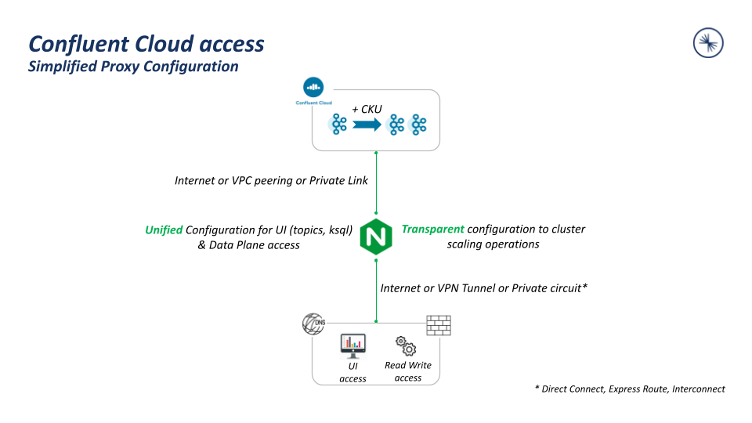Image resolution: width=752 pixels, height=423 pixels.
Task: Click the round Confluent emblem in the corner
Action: [708, 43]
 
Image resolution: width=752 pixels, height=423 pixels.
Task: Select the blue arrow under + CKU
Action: [367, 124]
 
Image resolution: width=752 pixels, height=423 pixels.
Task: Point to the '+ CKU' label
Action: [367, 109]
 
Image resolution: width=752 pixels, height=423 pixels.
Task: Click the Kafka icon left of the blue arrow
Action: [339, 124]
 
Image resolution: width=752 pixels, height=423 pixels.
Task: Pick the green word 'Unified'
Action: [164, 230]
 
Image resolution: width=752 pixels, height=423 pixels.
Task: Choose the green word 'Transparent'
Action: [433, 230]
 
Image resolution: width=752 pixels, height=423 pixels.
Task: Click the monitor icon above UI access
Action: [353, 344]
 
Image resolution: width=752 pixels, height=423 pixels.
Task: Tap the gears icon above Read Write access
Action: [406, 345]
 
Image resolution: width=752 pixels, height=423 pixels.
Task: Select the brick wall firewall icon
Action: [439, 325]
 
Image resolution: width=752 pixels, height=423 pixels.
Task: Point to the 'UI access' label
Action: [353, 372]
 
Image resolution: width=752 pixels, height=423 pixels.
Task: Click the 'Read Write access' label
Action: [408, 371]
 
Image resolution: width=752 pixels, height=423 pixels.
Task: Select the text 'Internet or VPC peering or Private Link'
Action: [271, 181]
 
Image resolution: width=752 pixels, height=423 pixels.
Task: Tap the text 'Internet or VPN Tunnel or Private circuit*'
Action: [484, 288]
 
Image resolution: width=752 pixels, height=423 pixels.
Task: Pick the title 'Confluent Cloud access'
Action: [146, 44]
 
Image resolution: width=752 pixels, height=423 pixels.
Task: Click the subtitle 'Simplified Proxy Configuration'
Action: [133, 67]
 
